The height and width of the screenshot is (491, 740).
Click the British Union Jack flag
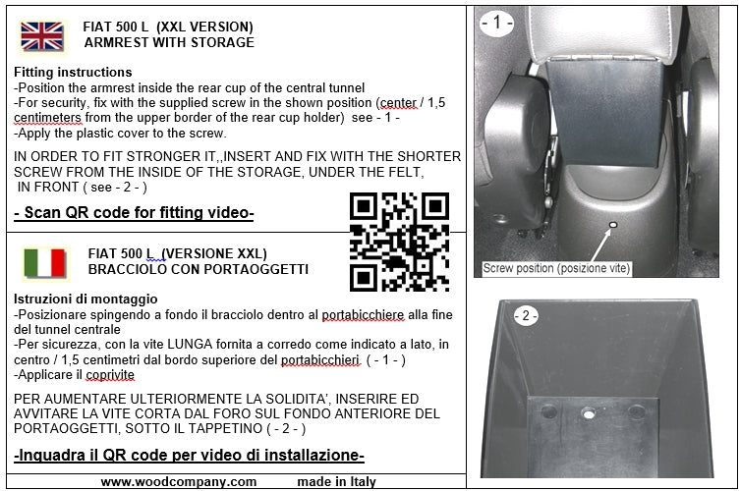pyautogui.click(x=42, y=36)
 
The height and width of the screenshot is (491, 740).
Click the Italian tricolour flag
pyautogui.click(x=44, y=263)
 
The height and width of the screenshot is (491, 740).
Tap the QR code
pyautogui.click(x=399, y=242)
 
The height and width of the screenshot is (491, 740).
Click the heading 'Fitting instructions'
pyautogui.click(x=73, y=72)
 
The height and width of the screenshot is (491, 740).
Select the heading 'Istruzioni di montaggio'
pyautogui.click(x=85, y=300)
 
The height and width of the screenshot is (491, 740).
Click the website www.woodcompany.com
pyautogui.click(x=179, y=481)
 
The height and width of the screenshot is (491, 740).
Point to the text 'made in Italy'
pyautogui.click(x=336, y=481)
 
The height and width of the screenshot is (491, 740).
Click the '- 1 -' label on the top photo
pyautogui.click(x=497, y=23)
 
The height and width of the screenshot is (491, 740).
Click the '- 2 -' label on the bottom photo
pyautogui.click(x=526, y=315)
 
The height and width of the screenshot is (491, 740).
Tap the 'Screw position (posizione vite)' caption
pyautogui.click(x=556, y=268)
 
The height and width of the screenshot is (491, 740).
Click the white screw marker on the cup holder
pyautogui.click(x=613, y=225)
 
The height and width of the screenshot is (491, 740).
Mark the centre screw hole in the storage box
pyautogui.click(x=588, y=413)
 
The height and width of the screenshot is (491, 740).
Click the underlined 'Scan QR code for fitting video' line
pyautogui.click(x=134, y=213)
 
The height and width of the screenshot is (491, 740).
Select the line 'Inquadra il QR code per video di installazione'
pyautogui.click(x=189, y=455)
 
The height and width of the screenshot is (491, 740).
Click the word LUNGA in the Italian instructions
pyautogui.click(x=190, y=345)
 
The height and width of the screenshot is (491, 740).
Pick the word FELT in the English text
pyautogui.click(x=406, y=172)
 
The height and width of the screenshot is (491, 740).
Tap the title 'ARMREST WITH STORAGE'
pyautogui.click(x=169, y=42)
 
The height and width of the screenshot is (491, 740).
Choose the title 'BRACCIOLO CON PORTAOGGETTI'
pyautogui.click(x=199, y=269)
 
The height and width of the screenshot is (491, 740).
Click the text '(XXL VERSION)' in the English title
pyautogui.click(x=204, y=27)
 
